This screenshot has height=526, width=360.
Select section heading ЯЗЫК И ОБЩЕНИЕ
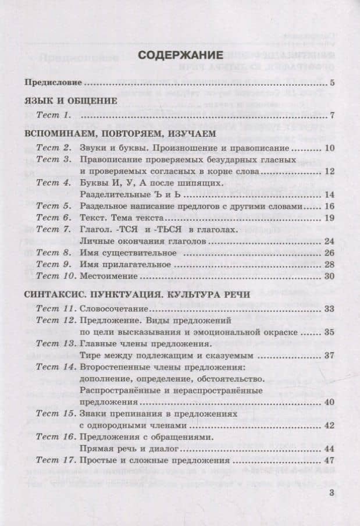pos(72,101)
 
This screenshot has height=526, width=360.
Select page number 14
pos(329,194)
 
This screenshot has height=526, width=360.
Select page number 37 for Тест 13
pos(329,354)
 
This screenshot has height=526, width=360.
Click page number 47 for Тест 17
pos(329,461)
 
